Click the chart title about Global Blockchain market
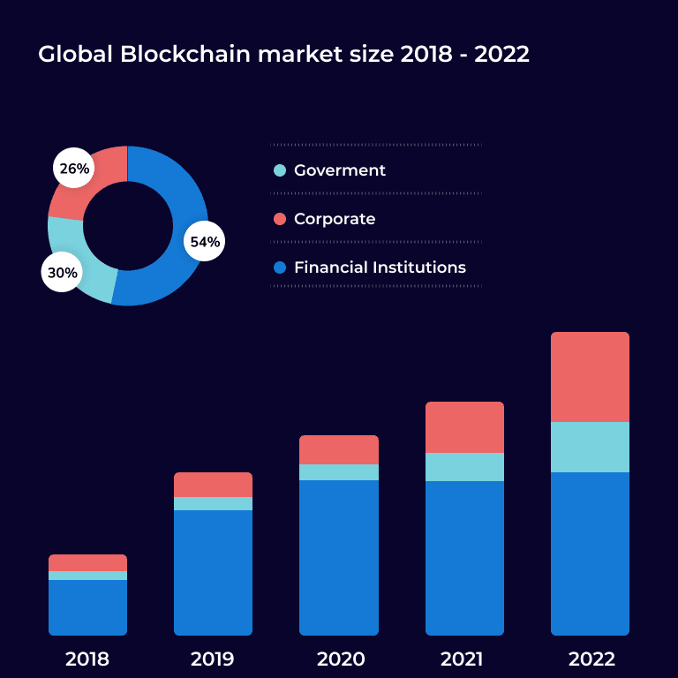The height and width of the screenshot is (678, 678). [x=283, y=54]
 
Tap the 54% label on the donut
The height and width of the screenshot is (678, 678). [x=205, y=242]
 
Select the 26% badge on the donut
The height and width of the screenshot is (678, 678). [x=74, y=169]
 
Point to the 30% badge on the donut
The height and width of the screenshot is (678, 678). [x=62, y=273]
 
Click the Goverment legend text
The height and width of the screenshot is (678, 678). [x=340, y=170]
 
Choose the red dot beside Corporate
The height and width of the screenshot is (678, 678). [x=280, y=219]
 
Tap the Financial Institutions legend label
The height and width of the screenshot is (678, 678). [x=380, y=267]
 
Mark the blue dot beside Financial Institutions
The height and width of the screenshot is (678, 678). [x=280, y=267]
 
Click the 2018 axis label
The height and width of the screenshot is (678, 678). [x=87, y=659]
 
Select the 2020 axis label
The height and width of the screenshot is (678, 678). [x=339, y=659]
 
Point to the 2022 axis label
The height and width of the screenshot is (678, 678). [x=590, y=659]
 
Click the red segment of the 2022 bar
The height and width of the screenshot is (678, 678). [x=590, y=377]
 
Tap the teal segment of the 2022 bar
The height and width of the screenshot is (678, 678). [x=590, y=447]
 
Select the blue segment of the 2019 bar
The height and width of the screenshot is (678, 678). [x=213, y=572]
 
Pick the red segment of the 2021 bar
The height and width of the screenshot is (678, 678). [x=464, y=427]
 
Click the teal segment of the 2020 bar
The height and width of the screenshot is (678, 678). [x=339, y=472]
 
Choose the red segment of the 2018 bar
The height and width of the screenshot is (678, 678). [x=87, y=562]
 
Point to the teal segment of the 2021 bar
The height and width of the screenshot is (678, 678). [x=464, y=467]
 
